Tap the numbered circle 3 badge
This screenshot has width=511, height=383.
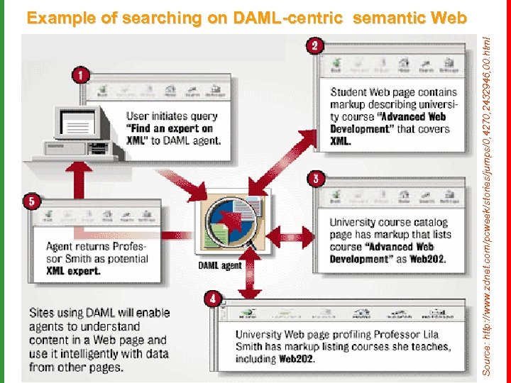pyautogui.click(x=314, y=178)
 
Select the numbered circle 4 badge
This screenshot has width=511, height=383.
pyautogui.click(x=212, y=299)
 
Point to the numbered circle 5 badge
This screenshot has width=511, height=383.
pyautogui.click(x=31, y=201)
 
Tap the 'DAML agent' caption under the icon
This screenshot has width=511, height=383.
pyautogui.click(x=219, y=266)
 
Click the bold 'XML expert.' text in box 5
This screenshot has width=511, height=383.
pyautogui.click(x=74, y=270)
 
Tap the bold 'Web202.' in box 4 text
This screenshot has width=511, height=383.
pyautogui.click(x=297, y=359)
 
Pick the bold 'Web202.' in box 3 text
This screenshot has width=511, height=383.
pyautogui.click(x=428, y=259)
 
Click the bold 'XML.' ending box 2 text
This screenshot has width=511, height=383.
pyautogui.click(x=341, y=140)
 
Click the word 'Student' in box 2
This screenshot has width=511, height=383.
pyautogui.click(x=348, y=92)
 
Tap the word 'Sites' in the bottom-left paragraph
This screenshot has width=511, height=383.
pyautogui.click(x=41, y=313)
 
